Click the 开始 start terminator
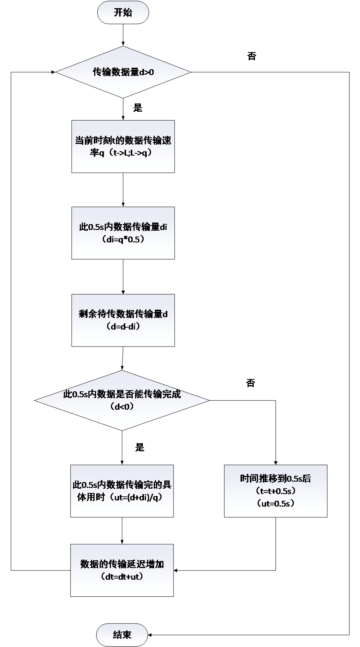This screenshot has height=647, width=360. [x=123, y=12]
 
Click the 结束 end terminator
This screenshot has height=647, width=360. [x=122, y=635]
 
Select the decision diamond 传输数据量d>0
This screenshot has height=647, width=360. [x=123, y=72]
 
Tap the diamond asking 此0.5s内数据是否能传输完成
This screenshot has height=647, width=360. [x=122, y=400]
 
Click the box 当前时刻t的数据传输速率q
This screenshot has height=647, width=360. [x=123, y=146]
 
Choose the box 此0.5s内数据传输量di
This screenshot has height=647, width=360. [x=123, y=233]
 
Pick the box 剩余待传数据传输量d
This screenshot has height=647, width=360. [x=123, y=320]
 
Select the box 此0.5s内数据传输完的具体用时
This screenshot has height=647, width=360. [x=122, y=491]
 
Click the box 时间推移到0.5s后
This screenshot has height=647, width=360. [x=276, y=491]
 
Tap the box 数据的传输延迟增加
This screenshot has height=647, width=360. [x=122, y=570]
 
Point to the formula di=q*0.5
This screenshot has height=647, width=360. [x=123, y=240]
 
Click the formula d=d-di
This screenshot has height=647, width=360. [x=123, y=327]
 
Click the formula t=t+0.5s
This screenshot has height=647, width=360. [x=276, y=491]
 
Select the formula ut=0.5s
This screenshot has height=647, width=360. [x=276, y=503]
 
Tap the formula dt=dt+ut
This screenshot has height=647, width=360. [x=122, y=577]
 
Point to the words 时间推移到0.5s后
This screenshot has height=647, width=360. [x=276, y=479]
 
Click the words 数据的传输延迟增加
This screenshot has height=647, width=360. [x=122, y=564]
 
